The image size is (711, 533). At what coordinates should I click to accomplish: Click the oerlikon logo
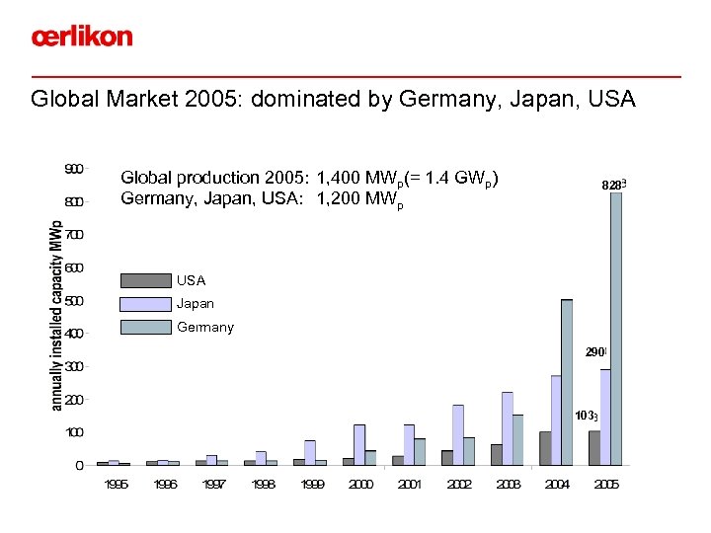[x=81, y=38]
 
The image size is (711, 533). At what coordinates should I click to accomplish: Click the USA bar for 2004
[x=545, y=448]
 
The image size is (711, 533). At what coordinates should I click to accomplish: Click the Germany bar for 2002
[x=469, y=451]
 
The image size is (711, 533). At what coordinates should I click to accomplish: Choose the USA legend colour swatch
[x=145, y=280]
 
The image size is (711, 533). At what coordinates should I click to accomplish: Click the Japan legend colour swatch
[x=145, y=304]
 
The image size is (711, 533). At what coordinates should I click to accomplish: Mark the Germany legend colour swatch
[x=145, y=327]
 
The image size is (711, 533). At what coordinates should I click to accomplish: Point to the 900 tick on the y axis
[x=73, y=169]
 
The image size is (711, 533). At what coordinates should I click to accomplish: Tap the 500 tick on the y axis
[x=73, y=300]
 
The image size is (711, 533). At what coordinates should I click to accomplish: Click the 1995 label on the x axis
[x=118, y=485]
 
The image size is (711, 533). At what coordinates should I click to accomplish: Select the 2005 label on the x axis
[x=606, y=485]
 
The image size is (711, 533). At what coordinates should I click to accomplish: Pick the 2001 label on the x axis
[x=411, y=485]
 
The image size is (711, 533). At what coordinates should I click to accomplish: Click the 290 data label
[x=596, y=351]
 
